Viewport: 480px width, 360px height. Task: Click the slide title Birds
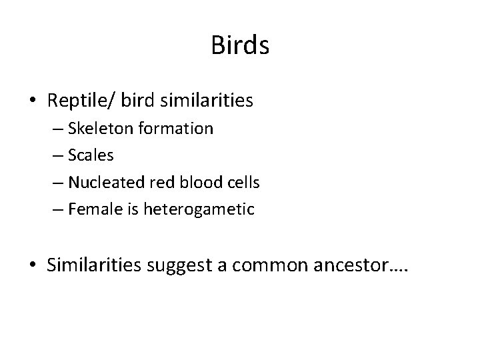click(x=240, y=45)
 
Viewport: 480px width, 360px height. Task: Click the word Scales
click(x=91, y=155)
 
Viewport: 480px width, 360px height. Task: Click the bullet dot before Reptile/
click(x=33, y=101)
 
